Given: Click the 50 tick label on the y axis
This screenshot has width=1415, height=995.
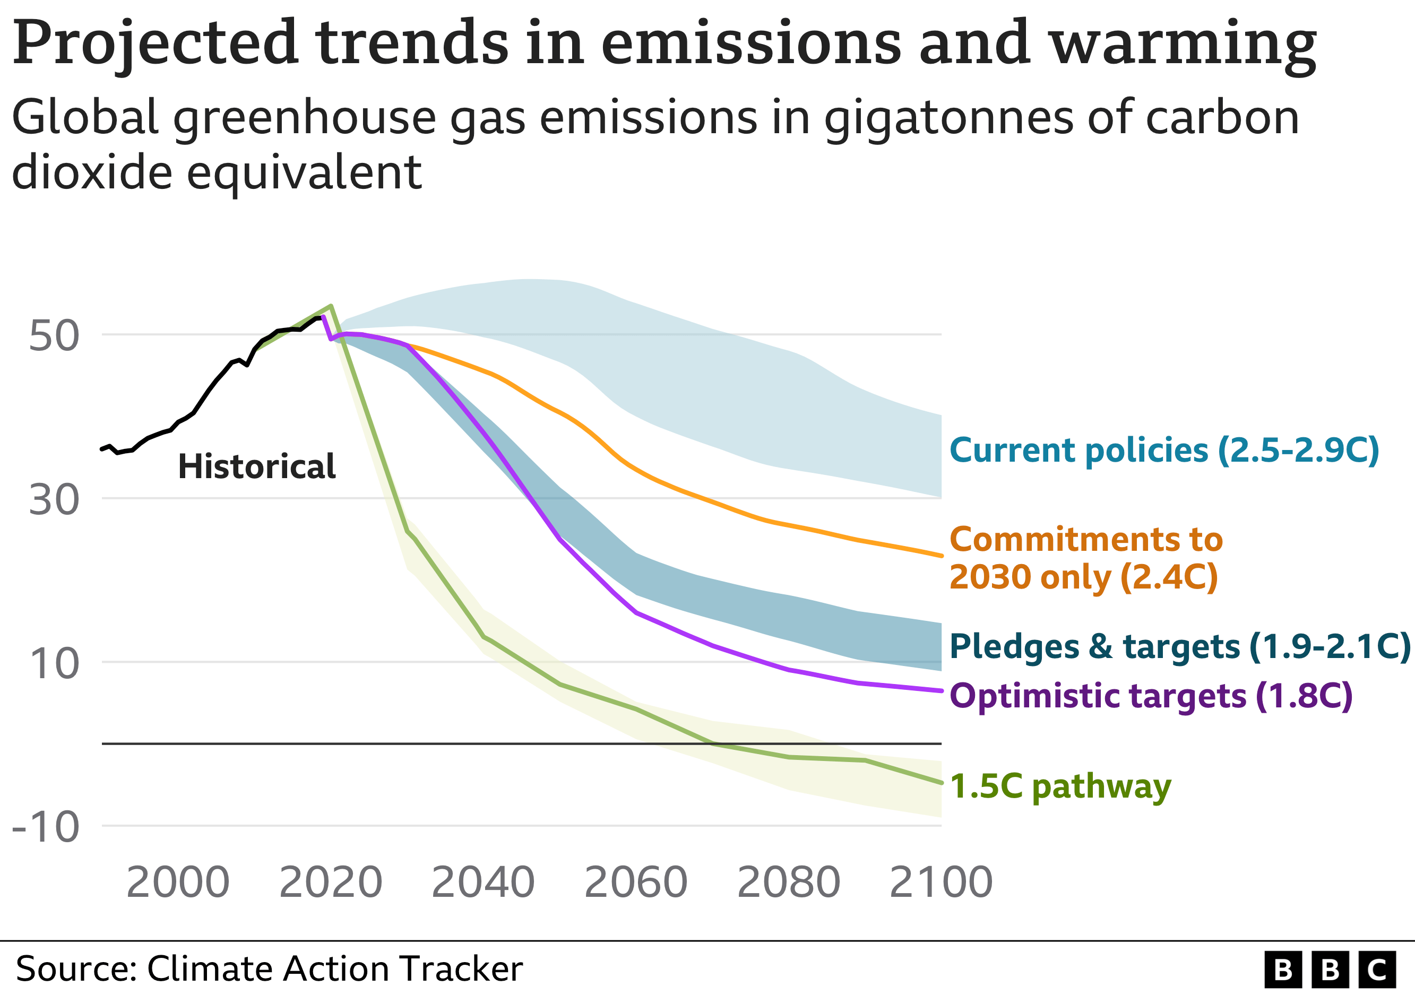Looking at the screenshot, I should pyautogui.click(x=54, y=336).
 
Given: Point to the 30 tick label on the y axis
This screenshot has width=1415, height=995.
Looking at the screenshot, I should pyautogui.click(x=54, y=500).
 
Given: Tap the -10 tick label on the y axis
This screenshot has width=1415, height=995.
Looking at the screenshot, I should pyautogui.click(x=46, y=827).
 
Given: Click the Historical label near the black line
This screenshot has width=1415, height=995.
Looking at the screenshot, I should pyautogui.click(x=256, y=466).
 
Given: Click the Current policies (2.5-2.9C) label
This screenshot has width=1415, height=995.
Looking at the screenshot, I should pyautogui.click(x=1164, y=451).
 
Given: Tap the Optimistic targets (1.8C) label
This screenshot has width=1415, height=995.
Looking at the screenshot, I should pyautogui.click(x=1151, y=696).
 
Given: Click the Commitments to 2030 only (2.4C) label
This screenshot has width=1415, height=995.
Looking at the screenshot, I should pyautogui.click(x=1085, y=558).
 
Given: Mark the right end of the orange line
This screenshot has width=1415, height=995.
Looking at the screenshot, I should pyautogui.click(x=941, y=556).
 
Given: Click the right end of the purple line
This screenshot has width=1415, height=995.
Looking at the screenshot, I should pyautogui.click(x=941, y=690).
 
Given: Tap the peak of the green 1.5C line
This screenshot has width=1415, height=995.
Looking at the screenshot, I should pyautogui.click(x=332, y=306).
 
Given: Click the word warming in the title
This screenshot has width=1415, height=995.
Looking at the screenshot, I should pyautogui.click(x=1183, y=43).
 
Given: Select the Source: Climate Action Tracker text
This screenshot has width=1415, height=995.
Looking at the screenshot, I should pyautogui.click(x=269, y=968).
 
